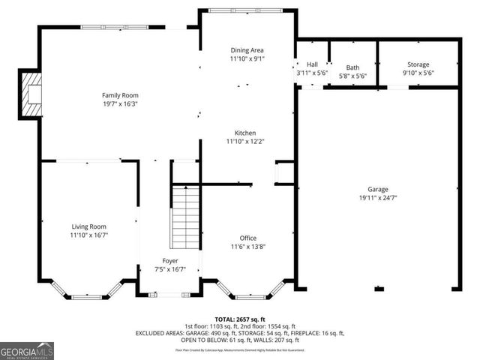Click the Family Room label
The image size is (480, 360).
click(x=120, y=95)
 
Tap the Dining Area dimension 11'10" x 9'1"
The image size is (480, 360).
click(x=247, y=58)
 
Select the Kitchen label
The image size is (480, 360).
click(x=245, y=133)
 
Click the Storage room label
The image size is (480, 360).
click(x=418, y=64)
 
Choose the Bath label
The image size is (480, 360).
click(x=352, y=67)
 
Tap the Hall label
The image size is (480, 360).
click(x=312, y=64)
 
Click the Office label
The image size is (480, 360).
click(x=247, y=238)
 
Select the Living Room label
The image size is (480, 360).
click(x=88, y=226)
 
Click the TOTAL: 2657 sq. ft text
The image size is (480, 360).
click(x=240, y=319)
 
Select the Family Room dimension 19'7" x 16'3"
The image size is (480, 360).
click(x=120, y=103)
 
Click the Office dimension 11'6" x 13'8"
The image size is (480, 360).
click(x=247, y=246)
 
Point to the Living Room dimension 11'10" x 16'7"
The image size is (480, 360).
click(x=88, y=235)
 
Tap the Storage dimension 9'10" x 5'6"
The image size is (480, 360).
click(x=418, y=73)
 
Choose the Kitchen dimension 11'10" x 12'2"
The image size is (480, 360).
click(x=245, y=141)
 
